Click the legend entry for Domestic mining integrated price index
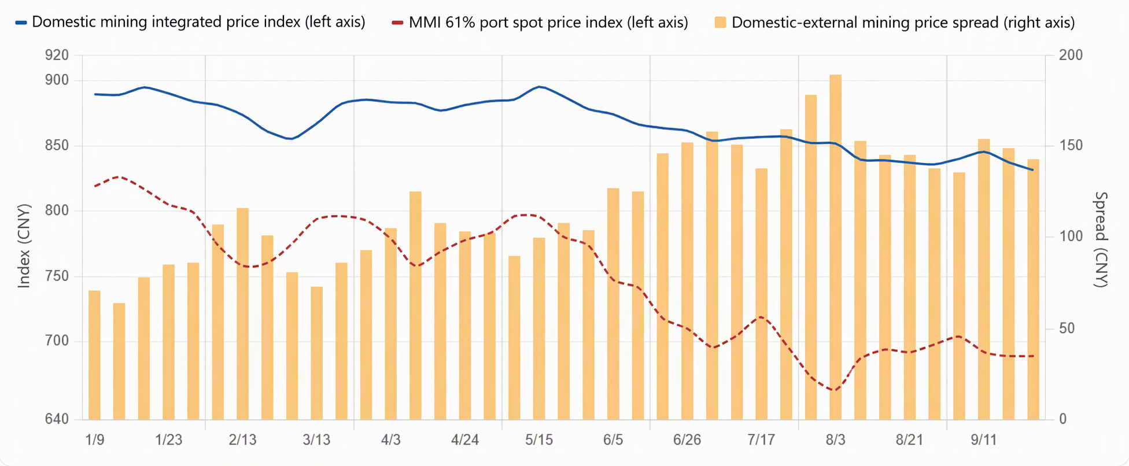coord(190,23)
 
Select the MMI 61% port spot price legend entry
coord(540,23)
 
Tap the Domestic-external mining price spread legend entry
coord(895,23)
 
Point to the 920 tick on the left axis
coord(57,56)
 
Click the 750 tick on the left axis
coord(57,276)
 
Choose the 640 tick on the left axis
coord(57,419)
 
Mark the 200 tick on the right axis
coord(1071,56)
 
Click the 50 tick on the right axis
coord(1067,328)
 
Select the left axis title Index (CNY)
coord(24,246)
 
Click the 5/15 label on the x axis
coord(538,440)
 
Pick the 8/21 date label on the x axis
coord(909,440)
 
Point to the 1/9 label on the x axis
coord(95,440)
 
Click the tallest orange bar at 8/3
coord(835,247)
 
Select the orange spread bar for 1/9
coord(94,355)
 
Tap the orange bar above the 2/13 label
coord(242,313)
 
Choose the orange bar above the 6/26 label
coord(687,281)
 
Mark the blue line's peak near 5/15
coord(539,87)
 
